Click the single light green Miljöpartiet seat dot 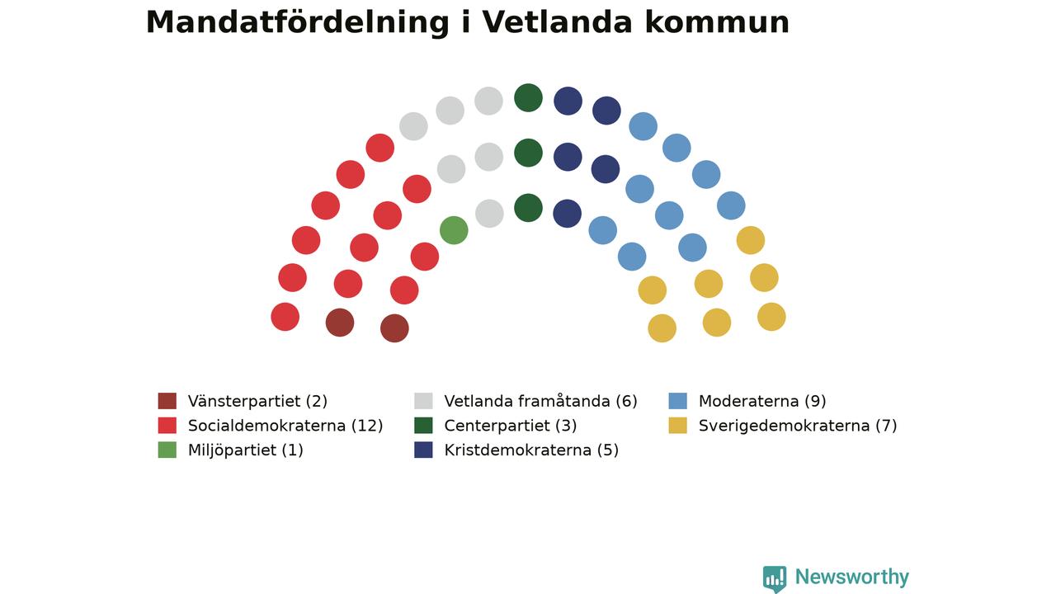pos(454,230)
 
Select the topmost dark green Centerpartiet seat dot pos(528,98)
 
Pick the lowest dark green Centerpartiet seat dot pos(528,208)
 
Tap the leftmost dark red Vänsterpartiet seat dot pos(339,323)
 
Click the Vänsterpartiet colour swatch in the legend pos(167,401)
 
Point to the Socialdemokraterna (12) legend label pos(285,426)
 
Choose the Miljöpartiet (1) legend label pos(245,450)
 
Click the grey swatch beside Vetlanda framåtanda pos(423,401)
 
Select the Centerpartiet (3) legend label pos(510,426)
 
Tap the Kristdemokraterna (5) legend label pos(531,450)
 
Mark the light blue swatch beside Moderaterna pos(677,401)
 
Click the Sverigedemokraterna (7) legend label pos(798,426)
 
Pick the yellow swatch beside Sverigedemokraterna pos(677,425)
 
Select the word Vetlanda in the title pos(557,22)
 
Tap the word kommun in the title pos(717,22)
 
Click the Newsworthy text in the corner pos(852,577)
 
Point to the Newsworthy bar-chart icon pos(775,578)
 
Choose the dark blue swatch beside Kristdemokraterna pos(423,450)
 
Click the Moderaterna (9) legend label pos(762,401)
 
